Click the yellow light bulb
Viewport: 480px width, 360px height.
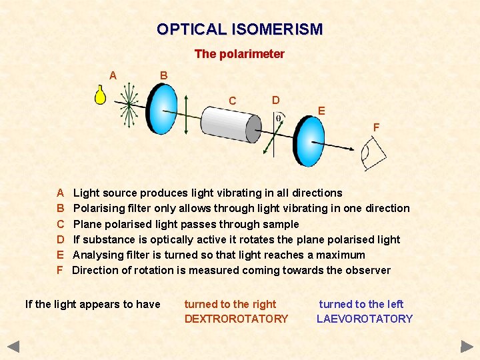(x=100, y=95)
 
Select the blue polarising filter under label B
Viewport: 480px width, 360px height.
(x=162, y=108)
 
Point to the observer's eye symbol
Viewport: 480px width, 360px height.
(x=373, y=155)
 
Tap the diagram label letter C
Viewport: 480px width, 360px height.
(x=232, y=101)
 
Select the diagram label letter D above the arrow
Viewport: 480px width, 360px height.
(x=275, y=100)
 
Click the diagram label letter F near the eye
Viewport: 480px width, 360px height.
(x=376, y=127)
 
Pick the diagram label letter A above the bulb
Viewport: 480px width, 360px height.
(x=113, y=75)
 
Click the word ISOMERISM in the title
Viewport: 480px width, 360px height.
(x=277, y=29)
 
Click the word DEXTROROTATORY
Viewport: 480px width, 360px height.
(x=236, y=319)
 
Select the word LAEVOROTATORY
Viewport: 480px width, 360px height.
(x=365, y=319)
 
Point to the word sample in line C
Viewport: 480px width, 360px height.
(x=281, y=224)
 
